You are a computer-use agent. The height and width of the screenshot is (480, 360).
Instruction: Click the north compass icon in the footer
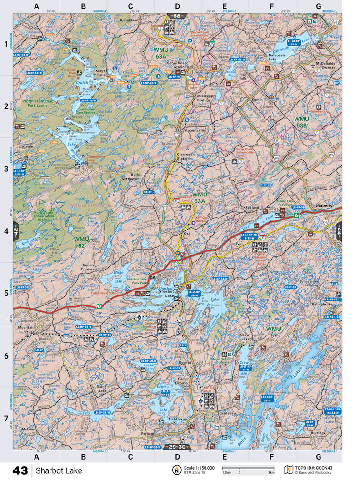(x=176, y=470)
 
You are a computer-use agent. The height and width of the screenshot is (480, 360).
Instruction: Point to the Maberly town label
(x=332, y=206)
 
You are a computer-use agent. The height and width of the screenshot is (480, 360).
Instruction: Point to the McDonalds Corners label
(x=322, y=65)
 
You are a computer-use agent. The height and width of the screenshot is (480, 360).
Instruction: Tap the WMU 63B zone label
(x=301, y=121)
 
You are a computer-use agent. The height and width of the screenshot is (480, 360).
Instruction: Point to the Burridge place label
(x=319, y=433)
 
